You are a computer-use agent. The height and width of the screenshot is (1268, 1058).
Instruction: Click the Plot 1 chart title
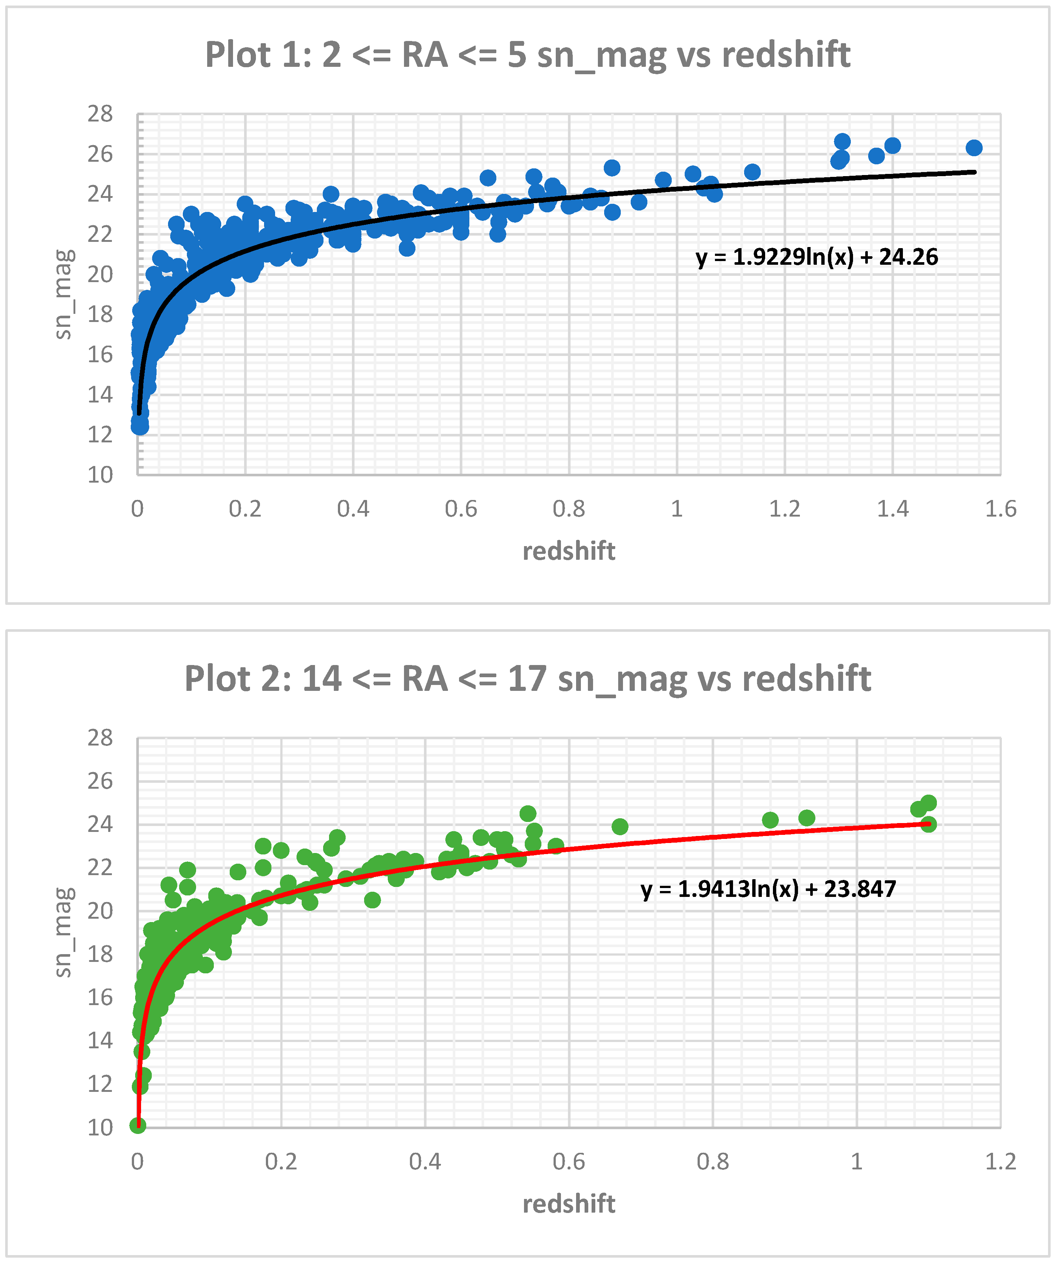click(x=528, y=55)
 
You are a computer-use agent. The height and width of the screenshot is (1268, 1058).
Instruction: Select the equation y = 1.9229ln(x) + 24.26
click(x=817, y=257)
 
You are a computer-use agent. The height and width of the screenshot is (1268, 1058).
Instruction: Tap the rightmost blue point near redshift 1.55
click(x=973, y=148)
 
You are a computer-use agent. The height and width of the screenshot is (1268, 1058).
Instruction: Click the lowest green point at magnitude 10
click(x=138, y=1125)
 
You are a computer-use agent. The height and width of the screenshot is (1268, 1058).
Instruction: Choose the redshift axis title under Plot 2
click(x=568, y=1204)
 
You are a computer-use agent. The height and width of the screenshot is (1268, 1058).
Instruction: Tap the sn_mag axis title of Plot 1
click(x=64, y=294)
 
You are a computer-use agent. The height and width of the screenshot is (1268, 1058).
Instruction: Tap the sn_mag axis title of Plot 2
click(x=64, y=932)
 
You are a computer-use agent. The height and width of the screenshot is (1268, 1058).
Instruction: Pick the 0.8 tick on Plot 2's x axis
click(x=713, y=1161)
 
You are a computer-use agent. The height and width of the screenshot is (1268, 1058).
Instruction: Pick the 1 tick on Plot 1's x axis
click(x=677, y=509)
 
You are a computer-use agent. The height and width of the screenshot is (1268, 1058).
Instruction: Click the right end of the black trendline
click(x=974, y=172)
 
